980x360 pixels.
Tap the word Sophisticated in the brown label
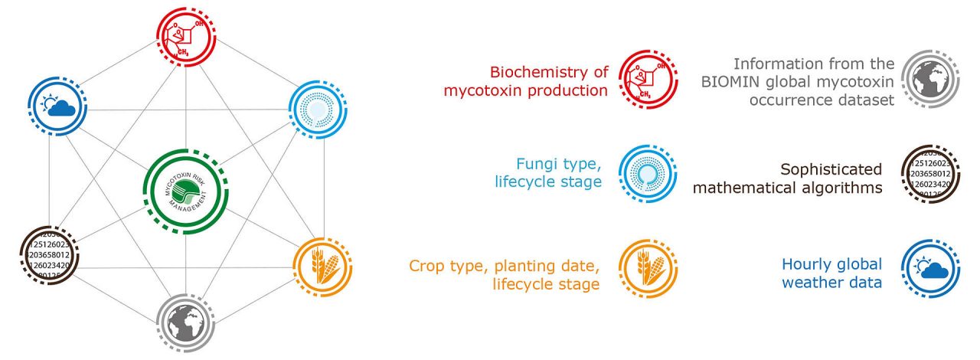[x=831, y=169]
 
